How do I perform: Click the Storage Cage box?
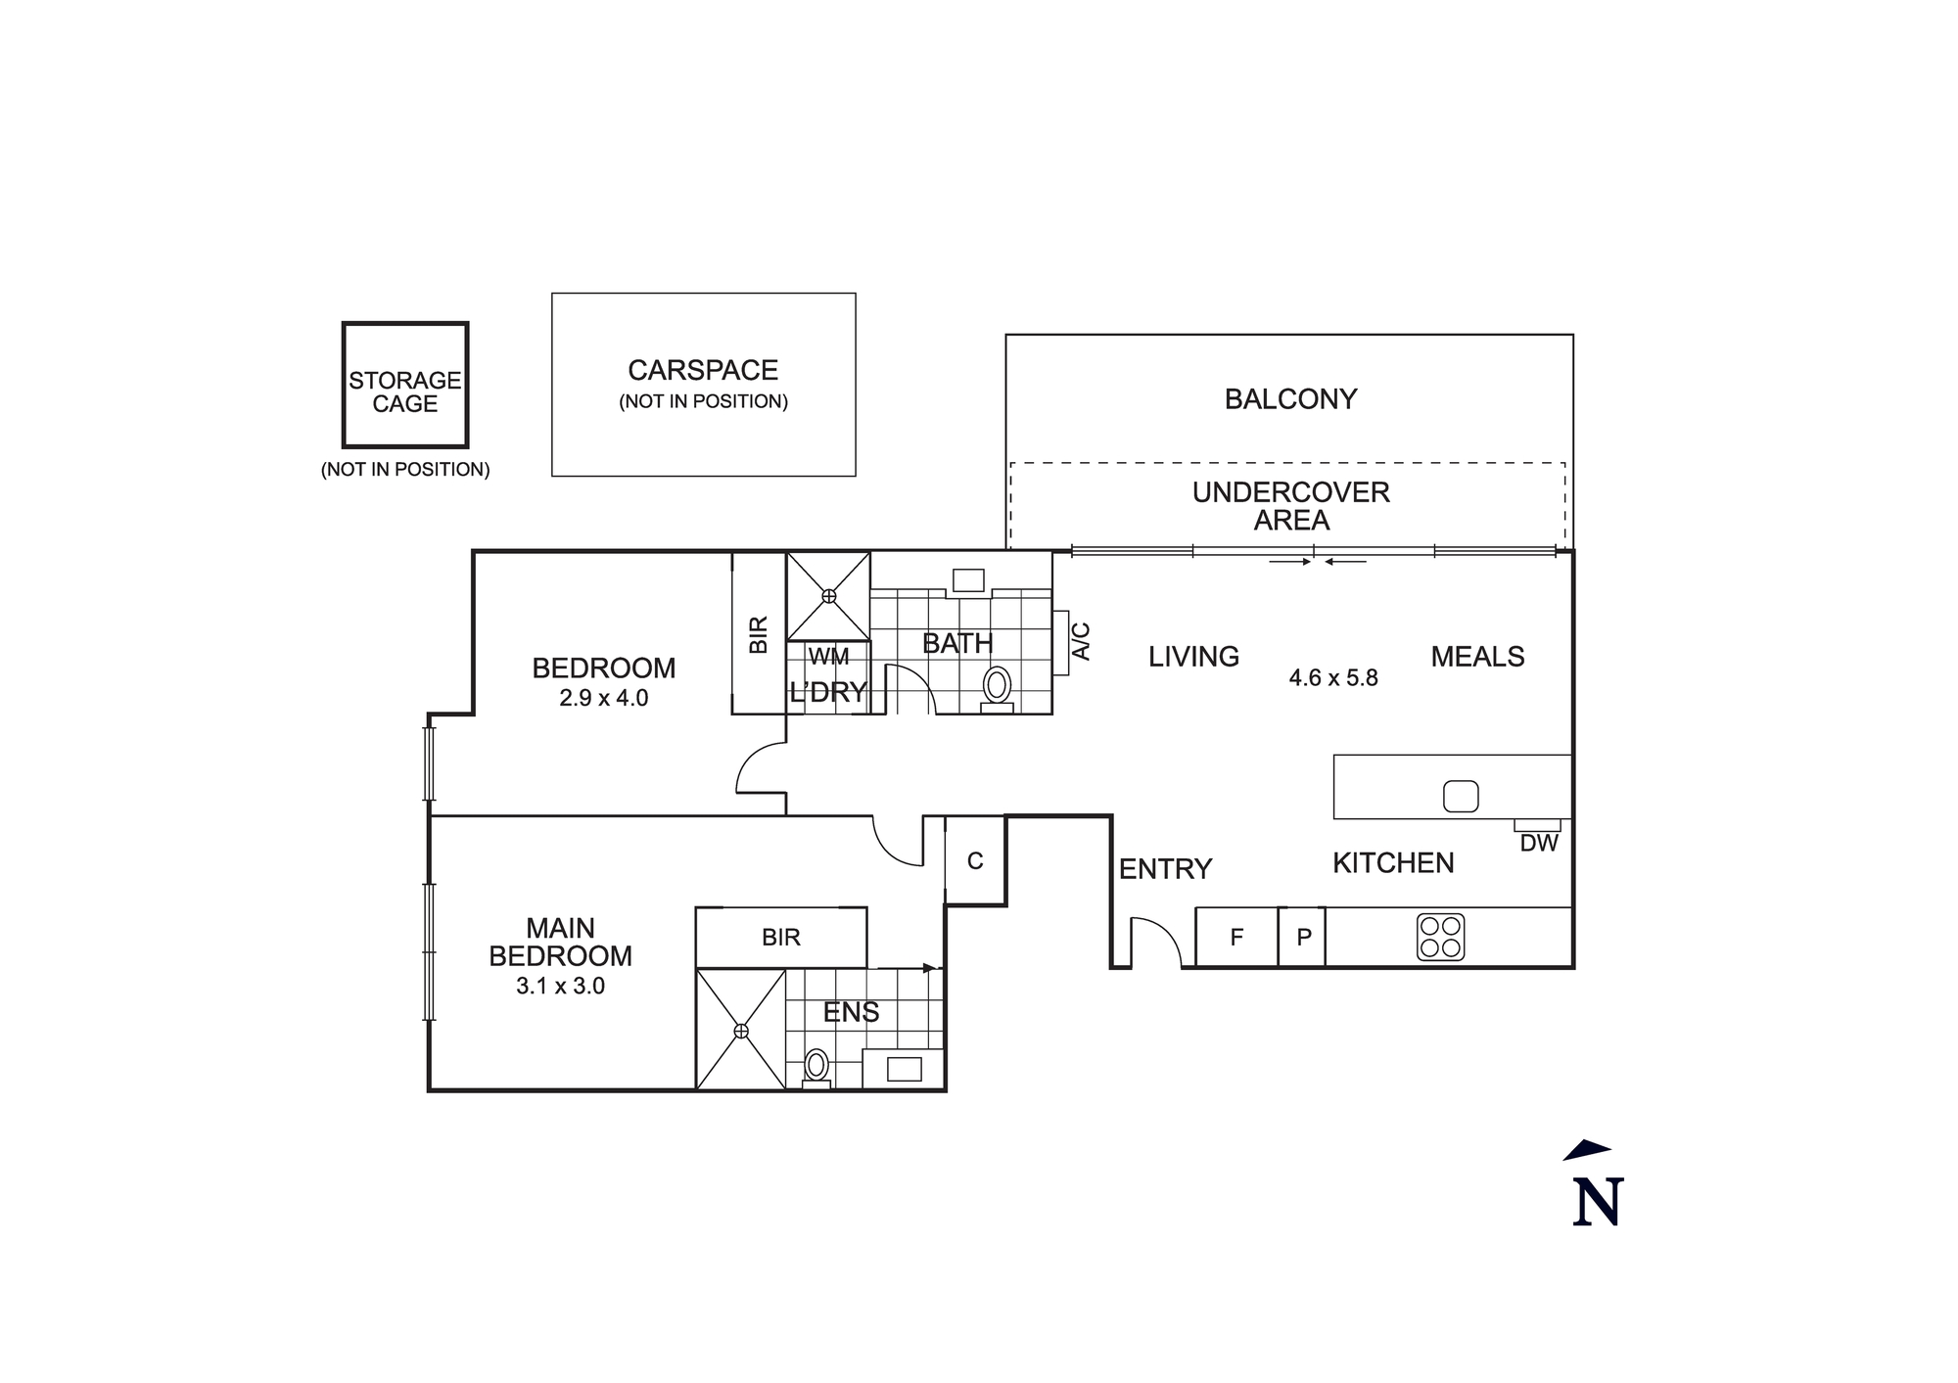pos(404,386)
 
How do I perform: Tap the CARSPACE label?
pos(703,371)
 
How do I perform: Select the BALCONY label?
pos(1290,399)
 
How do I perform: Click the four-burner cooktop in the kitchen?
pos(1440,937)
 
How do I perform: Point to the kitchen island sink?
pos(1461,796)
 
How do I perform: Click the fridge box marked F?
pos(1236,938)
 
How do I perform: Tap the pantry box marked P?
pos(1303,938)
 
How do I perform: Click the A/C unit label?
pos(1082,641)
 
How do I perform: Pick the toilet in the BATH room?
pos(997,687)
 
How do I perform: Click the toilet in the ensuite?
pos(816,1065)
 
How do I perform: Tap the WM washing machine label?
pos(828,657)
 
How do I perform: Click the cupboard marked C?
pos(975,861)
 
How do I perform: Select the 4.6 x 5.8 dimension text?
pos(1333,678)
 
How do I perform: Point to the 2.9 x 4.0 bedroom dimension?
pos(603,699)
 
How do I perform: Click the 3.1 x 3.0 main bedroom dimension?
pos(560,987)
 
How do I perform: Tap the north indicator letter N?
pos(1598,1203)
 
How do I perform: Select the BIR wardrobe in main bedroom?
pos(781,938)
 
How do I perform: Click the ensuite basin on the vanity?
pos(904,1069)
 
